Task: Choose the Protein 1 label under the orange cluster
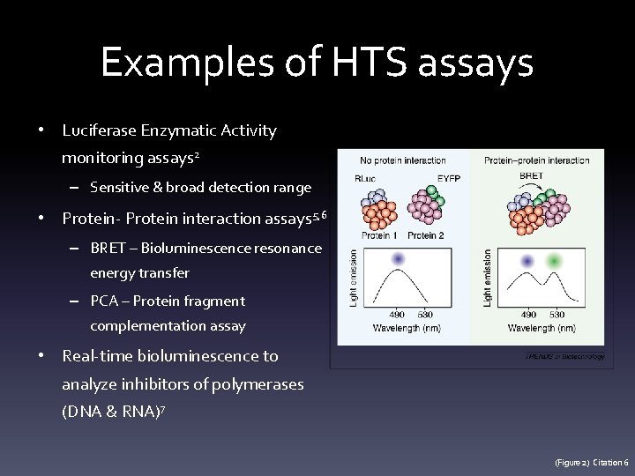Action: click(377, 235)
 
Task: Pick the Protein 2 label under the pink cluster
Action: click(427, 235)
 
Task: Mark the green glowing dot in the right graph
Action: click(554, 261)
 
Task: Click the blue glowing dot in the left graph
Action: click(398, 259)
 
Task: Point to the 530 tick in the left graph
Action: click(426, 315)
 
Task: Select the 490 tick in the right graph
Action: click(529, 315)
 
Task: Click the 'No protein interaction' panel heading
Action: click(403, 160)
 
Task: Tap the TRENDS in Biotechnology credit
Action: click(564, 357)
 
